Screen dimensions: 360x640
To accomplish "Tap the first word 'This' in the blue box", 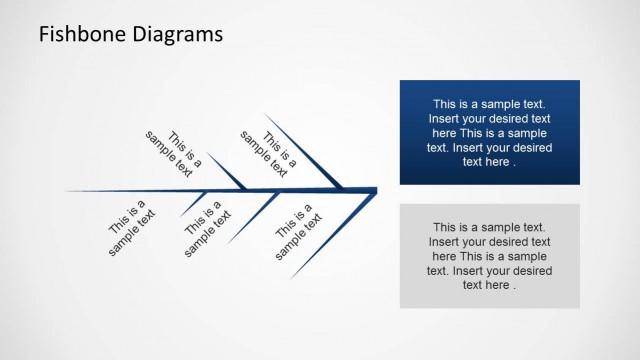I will [x=447, y=103].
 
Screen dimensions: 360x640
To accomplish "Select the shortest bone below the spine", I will [x=194, y=203].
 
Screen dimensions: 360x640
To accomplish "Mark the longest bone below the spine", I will [x=330, y=236].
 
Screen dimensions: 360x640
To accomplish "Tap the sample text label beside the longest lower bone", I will [x=294, y=232].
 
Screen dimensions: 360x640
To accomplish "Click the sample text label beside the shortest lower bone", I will [x=132, y=227].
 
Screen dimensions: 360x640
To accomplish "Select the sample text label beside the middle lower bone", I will [x=208, y=228].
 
